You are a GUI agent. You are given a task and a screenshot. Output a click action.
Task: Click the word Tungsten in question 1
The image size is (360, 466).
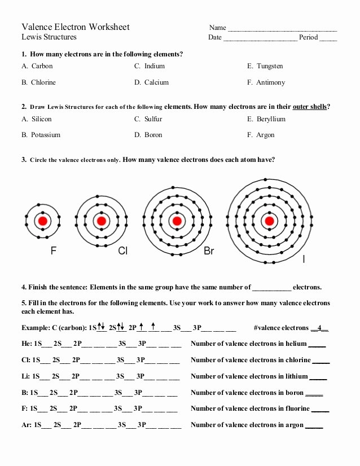point(270,66)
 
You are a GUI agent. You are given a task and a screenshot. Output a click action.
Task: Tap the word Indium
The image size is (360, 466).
point(155,66)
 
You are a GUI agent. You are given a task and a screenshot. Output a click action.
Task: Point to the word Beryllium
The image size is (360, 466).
point(271,119)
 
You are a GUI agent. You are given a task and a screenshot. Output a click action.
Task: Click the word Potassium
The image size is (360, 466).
point(46,135)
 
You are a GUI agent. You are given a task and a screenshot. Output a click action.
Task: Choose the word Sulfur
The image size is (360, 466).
point(153,119)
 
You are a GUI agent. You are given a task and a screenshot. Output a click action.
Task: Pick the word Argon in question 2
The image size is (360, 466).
point(265,135)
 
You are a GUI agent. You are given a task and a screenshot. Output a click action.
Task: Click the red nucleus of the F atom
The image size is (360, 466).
point(42,221)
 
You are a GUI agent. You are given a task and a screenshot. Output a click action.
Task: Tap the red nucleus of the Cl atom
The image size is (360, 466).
point(102,221)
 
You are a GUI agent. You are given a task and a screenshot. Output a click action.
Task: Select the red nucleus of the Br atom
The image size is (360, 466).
point(177,221)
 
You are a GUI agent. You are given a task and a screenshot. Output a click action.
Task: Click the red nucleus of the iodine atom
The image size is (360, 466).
point(269,221)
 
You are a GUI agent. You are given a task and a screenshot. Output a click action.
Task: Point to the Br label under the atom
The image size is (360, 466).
point(209,251)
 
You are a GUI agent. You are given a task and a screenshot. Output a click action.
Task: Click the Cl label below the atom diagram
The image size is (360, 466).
point(122,251)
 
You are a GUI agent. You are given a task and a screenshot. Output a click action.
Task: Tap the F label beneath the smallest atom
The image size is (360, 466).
point(54,251)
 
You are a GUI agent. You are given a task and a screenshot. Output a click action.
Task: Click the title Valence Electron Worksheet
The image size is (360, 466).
point(76,27)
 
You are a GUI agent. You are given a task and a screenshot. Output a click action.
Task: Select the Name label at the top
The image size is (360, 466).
point(217,28)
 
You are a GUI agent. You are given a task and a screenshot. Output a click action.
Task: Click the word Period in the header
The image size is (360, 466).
point(309,37)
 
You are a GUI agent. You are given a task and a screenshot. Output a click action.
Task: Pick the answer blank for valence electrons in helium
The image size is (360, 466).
point(317,344)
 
